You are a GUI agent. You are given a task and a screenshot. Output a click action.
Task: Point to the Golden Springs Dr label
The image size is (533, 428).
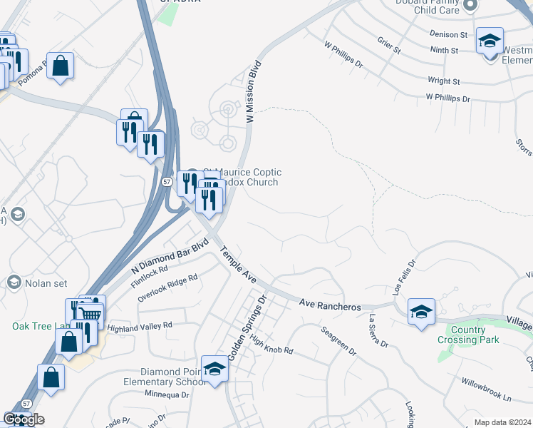click(246, 327)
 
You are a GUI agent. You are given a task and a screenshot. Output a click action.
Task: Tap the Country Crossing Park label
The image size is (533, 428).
click(474, 335)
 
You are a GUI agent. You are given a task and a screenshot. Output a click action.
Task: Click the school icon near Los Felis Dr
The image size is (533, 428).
click(421, 312)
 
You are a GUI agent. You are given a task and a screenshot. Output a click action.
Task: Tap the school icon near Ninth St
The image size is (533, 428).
click(490, 41)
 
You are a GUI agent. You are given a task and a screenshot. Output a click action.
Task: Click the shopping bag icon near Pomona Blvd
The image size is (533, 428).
click(61, 66)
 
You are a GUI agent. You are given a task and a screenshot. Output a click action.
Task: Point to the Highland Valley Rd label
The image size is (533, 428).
click(140, 325)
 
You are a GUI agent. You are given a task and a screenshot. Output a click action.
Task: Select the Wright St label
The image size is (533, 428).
click(444, 81)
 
